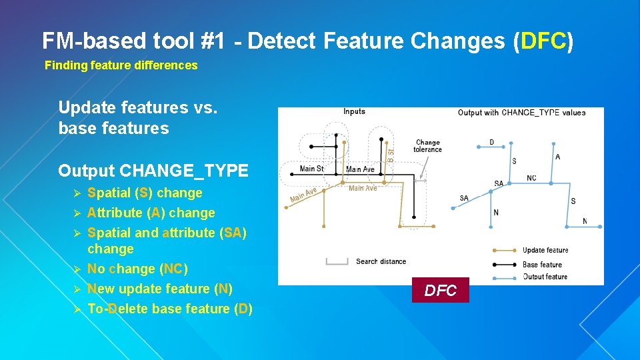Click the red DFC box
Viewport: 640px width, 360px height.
[x=441, y=290]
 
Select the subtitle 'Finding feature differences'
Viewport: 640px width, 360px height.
[x=121, y=65]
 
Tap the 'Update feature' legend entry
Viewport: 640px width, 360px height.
[x=545, y=251]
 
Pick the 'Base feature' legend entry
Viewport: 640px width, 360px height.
[x=542, y=265]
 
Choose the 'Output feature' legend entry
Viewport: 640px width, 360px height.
[x=545, y=277]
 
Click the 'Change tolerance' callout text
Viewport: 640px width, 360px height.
[x=427, y=146]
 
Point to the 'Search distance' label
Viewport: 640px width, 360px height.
[x=381, y=261]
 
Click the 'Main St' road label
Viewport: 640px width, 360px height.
[x=311, y=169]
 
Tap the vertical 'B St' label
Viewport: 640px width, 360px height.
[x=391, y=155]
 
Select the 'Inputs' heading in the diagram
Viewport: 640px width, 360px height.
[x=354, y=112]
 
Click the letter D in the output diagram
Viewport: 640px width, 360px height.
[x=492, y=142]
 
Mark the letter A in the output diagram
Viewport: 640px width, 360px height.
[x=557, y=157]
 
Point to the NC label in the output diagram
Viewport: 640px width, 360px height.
[x=531, y=178]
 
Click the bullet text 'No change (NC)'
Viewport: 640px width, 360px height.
[x=137, y=269]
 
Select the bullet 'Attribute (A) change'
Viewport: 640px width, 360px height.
[x=151, y=213]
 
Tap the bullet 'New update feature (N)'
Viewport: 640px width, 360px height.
[x=159, y=289]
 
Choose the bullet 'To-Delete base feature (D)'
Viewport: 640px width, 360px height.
[x=169, y=309]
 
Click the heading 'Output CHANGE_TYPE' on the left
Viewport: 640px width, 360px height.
[x=153, y=171]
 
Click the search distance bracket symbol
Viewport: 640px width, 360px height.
[x=337, y=261]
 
